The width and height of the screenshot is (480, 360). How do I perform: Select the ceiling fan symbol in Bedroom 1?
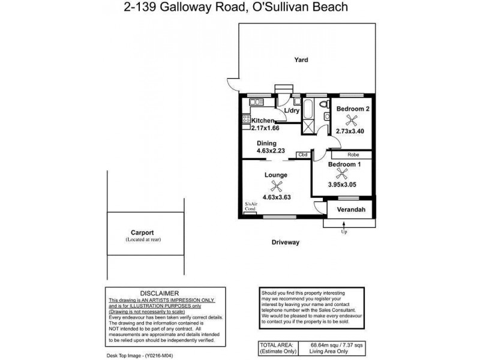pos(342,174)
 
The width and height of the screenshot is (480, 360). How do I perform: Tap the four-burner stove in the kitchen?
pos(247,118)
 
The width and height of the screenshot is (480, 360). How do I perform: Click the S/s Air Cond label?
pos(250,207)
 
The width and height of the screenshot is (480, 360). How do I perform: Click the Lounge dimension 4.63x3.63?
pos(277,197)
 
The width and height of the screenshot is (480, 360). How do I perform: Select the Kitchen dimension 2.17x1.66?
pos(265,128)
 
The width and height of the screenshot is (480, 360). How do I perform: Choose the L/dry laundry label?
pos(292,111)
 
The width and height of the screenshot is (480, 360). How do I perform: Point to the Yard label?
pos(301,59)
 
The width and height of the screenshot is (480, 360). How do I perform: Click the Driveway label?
pos(285,242)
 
